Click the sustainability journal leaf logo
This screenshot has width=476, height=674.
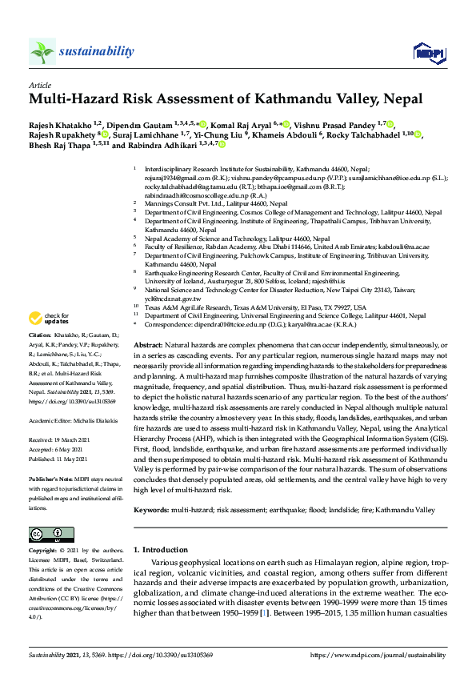point(42,52)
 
